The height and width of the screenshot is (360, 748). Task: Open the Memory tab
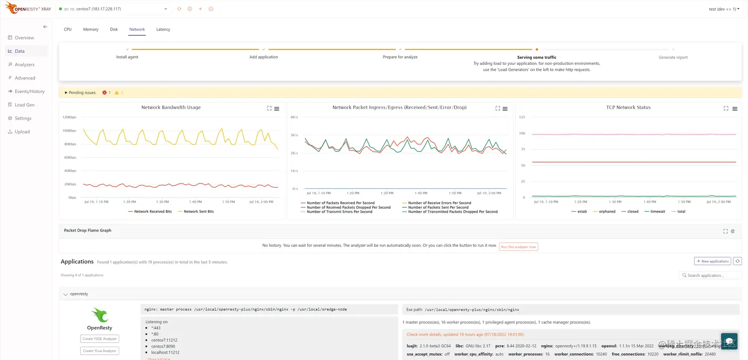point(91,30)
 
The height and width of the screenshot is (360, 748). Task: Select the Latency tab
point(163,30)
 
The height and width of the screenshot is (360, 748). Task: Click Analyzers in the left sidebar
point(24,65)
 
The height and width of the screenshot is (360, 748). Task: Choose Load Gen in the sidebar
point(24,105)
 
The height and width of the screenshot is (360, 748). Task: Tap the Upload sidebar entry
point(22,132)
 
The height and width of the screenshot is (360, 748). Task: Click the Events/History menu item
point(29,91)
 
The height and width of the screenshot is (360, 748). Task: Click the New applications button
point(712,261)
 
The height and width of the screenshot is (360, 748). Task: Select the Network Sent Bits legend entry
point(198,212)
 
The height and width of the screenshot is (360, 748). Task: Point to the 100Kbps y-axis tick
point(69,131)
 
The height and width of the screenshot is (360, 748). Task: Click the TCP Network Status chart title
point(628,107)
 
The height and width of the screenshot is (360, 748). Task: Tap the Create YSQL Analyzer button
point(99,339)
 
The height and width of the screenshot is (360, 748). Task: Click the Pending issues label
point(82,92)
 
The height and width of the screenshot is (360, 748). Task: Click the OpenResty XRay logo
point(28,8)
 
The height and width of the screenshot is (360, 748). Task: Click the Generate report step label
point(673,57)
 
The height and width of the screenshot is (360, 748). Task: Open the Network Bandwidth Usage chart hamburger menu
point(277,109)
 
